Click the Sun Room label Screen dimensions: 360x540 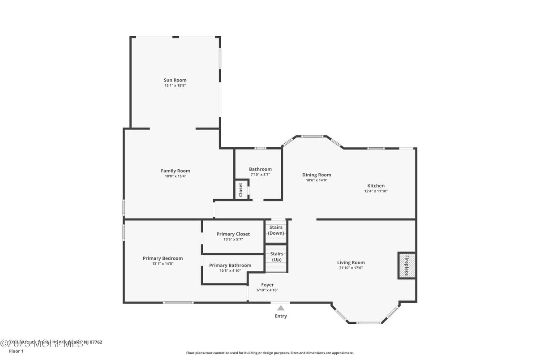coord(175,80)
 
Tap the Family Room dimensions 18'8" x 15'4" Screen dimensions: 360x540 coord(175,176)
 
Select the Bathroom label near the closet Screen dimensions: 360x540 coord(260,169)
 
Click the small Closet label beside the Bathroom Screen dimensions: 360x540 coord(240,189)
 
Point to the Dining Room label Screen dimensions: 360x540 coord(316,175)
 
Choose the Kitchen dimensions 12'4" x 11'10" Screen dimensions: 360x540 coord(376,191)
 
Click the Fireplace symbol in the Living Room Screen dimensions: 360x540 coord(407,266)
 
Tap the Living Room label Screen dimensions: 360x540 coord(351,262)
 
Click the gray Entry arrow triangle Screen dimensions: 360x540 coord(280,308)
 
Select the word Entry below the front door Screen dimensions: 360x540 coord(280,316)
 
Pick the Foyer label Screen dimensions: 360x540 coord(267,285)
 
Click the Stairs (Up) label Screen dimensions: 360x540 coord(276,257)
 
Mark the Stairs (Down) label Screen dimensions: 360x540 coord(276,230)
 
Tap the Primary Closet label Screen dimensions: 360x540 coord(233,234)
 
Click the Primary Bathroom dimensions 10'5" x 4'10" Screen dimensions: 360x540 coord(230,271)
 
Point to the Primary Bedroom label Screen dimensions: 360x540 coord(163,258)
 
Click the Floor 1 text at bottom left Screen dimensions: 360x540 coord(16,351)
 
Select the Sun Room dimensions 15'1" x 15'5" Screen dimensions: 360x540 coord(175,86)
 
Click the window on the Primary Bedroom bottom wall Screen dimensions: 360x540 coord(178,303)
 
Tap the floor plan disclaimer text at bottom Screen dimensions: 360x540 coord(270,353)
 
